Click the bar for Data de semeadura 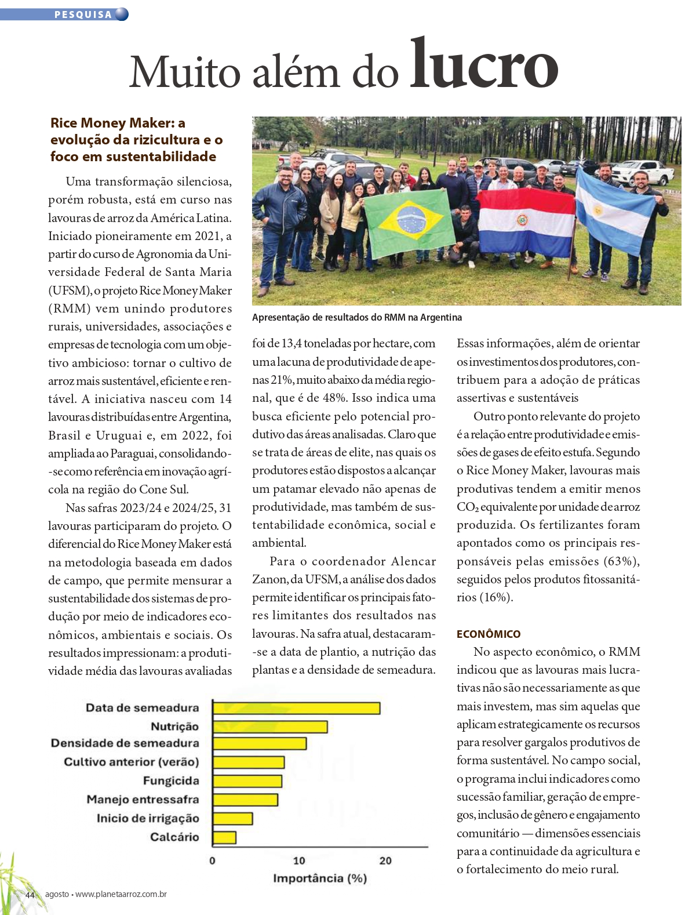(x=296, y=708)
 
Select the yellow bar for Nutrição (x=270, y=727)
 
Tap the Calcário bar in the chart (x=224, y=837)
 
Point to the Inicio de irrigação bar (x=232, y=819)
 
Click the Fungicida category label (x=171, y=781)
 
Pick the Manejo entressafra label (x=143, y=800)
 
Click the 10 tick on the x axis (x=299, y=860)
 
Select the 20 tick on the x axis (x=385, y=860)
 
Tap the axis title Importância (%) (x=320, y=878)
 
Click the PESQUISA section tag (x=83, y=14)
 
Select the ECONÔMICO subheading (x=489, y=634)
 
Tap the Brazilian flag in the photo (x=410, y=222)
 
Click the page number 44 (x=30, y=895)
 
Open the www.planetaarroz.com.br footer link (x=121, y=894)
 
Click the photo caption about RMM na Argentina (x=357, y=317)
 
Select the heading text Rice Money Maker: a (x=118, y=123)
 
